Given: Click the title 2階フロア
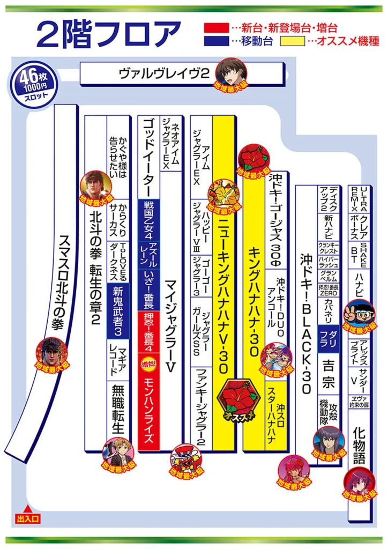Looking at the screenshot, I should click(108, 34).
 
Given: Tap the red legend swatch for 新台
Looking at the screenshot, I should click(216, 27).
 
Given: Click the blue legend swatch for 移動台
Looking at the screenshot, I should click(216, 41).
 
